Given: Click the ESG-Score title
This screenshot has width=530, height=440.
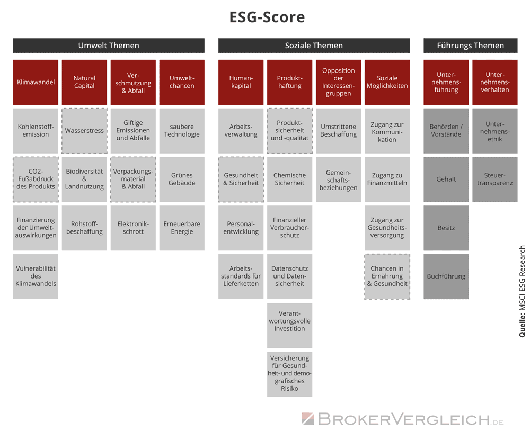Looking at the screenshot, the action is click(267, 17).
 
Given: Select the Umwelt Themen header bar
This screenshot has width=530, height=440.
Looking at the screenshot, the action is click(109, 46).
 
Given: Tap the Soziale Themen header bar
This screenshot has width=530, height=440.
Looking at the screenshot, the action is click(314, 46).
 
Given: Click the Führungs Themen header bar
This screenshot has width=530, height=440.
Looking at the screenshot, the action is click(471, 46).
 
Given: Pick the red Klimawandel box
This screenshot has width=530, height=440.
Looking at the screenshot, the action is click(36, 83).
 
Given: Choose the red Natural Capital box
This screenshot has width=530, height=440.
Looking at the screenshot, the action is click(84, 83).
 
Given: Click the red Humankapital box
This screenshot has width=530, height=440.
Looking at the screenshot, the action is click(241, 83).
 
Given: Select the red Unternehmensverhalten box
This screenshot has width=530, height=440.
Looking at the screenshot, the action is click(495, 83).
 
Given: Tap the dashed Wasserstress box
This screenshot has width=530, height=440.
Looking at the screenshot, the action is click(84, 131).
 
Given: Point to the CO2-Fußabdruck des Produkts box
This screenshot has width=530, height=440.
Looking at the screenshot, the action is click(36, 179).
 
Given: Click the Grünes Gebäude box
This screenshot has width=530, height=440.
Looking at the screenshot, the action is click(182, 179).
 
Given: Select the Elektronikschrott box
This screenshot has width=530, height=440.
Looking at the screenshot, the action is click(133, 228).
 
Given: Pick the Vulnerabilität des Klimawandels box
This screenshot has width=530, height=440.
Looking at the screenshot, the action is click(36, 276).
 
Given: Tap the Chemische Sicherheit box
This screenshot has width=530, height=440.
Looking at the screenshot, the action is click(290, 179).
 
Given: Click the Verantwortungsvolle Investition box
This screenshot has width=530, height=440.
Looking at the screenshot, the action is click(290, 325).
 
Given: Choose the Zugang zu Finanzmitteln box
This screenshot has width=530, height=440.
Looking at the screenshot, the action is click(387, 179).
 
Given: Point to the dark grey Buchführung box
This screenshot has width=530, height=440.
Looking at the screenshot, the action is click(446, 276).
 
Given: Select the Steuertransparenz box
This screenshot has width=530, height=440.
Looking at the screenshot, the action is click(495, 179).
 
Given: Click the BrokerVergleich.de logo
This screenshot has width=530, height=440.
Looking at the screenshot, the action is click(403, 419).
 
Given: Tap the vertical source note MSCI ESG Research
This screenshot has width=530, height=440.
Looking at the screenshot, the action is click(522, 291).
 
